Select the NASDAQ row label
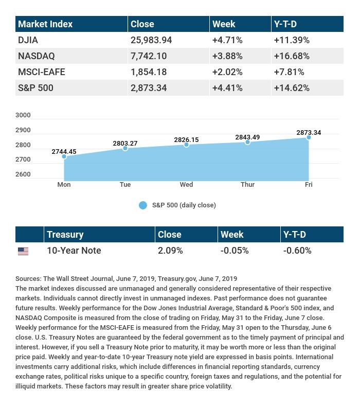click(36, 56)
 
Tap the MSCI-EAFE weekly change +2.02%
click(227, 72)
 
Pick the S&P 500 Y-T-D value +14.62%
click(292, 88)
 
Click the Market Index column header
click(45, 24)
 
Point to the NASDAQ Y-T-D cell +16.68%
click(292, 56)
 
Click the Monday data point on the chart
click(64, 156)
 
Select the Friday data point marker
click(309, 137)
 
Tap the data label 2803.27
click(125, 144)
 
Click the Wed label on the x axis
click(186, 184)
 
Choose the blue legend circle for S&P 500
click(143, 205)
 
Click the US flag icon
click(23, 251)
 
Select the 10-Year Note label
click(74, 251)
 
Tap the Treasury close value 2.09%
click(170, 251)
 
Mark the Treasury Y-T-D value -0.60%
click(297, 251)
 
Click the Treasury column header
click(65, 235)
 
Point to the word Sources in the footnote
click(28, 278)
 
